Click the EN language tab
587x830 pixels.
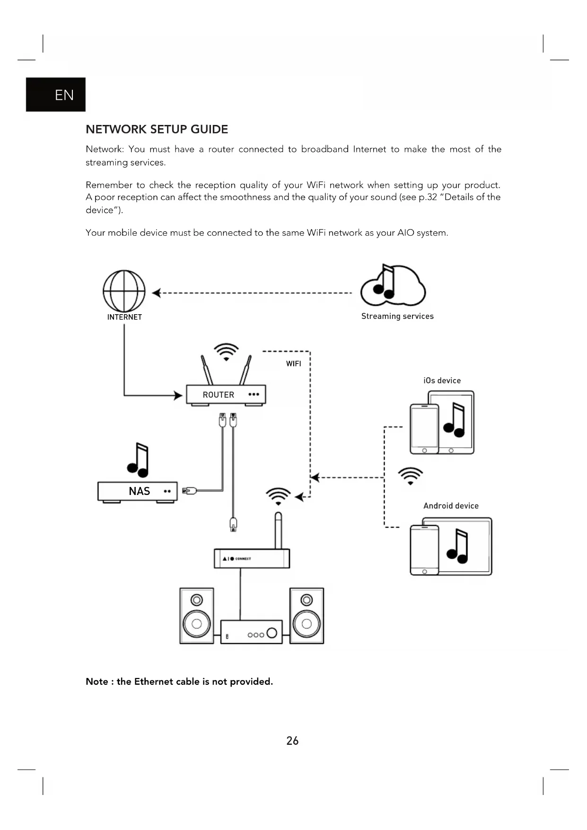pos(56,95)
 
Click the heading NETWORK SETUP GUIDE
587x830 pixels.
pos(157,129)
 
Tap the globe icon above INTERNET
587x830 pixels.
pos(124,291)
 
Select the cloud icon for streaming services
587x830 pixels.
pos(393,286)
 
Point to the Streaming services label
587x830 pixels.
pos(397,316)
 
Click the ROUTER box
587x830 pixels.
pos(226,394)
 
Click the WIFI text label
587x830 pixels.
pos(293,363)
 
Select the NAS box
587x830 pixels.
pos(137,491)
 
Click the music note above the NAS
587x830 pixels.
pos(138,460)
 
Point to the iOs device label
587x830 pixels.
pos(442,380)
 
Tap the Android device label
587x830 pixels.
pos(451,506)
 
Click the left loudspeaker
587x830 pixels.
pos(197,616)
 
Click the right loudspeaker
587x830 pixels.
pos(307,616)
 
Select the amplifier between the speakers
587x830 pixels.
pos(251,632)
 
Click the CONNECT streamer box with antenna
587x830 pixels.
pos(252,558)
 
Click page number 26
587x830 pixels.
pos(292,741)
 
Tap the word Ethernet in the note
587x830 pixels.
pos(153,681)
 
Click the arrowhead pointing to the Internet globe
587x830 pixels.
pos(157,293)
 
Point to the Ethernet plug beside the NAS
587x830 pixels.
pos(189,490)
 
